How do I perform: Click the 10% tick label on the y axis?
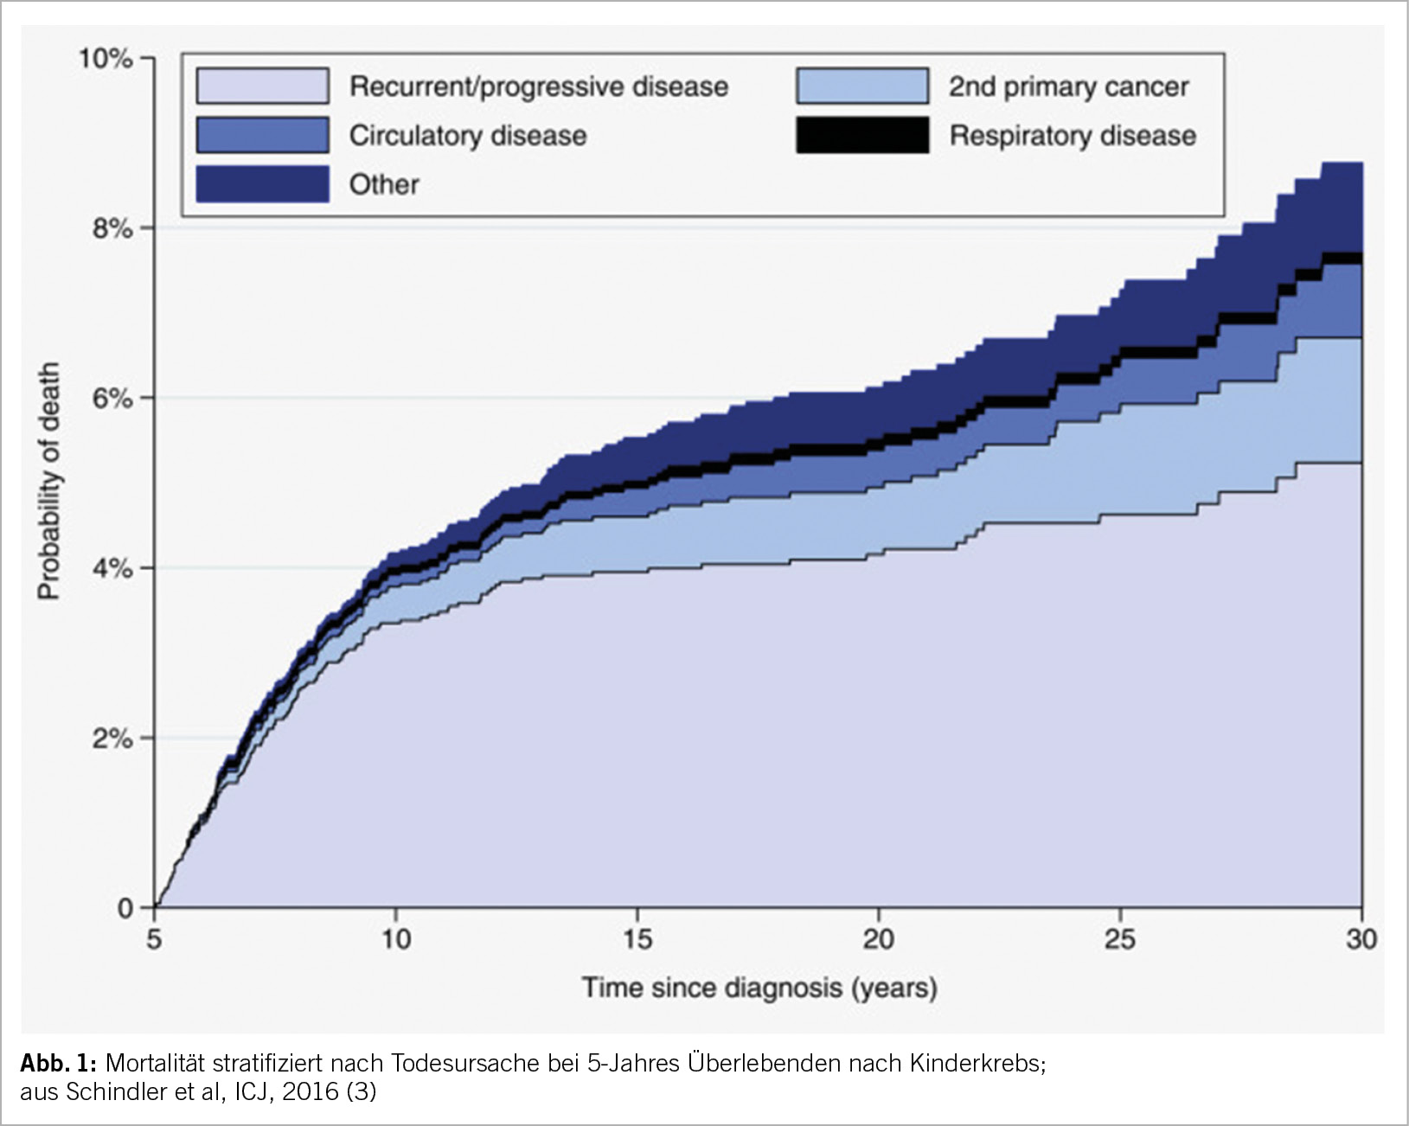[x=105, y=59]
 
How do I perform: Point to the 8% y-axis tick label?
[x=112, y=229]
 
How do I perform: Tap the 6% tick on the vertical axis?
[x=112, y=399]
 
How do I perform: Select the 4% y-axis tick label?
[x=112, y=569]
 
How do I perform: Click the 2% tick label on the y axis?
[x=112, y=739]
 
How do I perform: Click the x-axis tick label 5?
[x=154, y=939]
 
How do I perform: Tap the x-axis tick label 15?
[x=637, y=939]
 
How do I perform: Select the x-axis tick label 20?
[x=878, y=939]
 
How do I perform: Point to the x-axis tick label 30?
[x=1361, y=939]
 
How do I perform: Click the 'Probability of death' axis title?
[x=48, y=481]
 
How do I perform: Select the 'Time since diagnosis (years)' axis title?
[x=759, y=988]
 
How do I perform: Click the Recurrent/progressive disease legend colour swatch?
[x=262, y=86]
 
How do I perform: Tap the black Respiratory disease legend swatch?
[x=861, y=136]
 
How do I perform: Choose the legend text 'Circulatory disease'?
[x=467, y=136]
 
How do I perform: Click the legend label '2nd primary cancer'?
[x=1068, y=86]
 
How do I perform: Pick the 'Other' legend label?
[x=383, y=184]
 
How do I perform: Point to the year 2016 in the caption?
[x=310, y=1092]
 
